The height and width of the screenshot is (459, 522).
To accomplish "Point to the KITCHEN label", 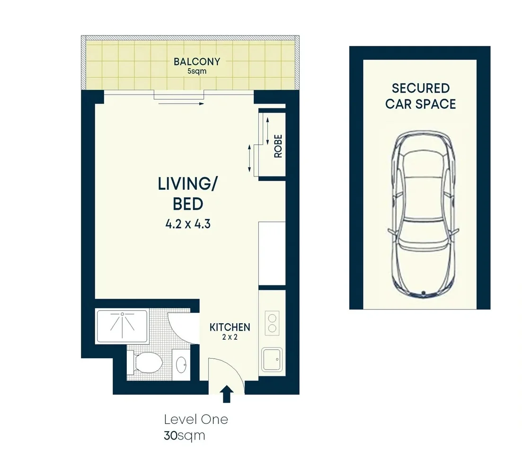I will [230, 327].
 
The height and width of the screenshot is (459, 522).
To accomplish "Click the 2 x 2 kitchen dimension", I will [230, 337].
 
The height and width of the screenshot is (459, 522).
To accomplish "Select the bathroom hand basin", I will [181, 364].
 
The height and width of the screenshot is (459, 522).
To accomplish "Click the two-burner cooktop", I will [272, 323].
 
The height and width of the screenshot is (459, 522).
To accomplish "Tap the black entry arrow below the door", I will [227, 394].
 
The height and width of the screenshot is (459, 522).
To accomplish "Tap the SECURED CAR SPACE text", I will [420, 96].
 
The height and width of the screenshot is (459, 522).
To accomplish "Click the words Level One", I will [196, 419].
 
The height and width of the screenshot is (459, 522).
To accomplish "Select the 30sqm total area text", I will [185, 435].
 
